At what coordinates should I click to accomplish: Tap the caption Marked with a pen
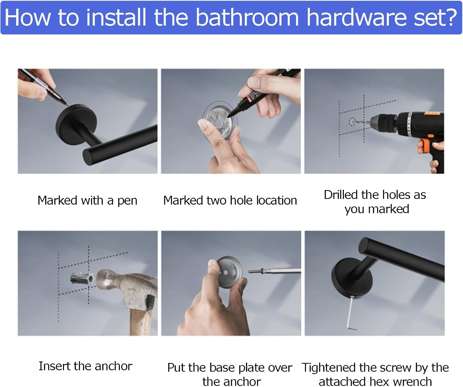coord(87,201)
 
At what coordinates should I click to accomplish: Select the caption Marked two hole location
coord(230,201)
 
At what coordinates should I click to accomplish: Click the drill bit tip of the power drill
coord(353,121)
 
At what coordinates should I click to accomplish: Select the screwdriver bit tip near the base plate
coord(249,271)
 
